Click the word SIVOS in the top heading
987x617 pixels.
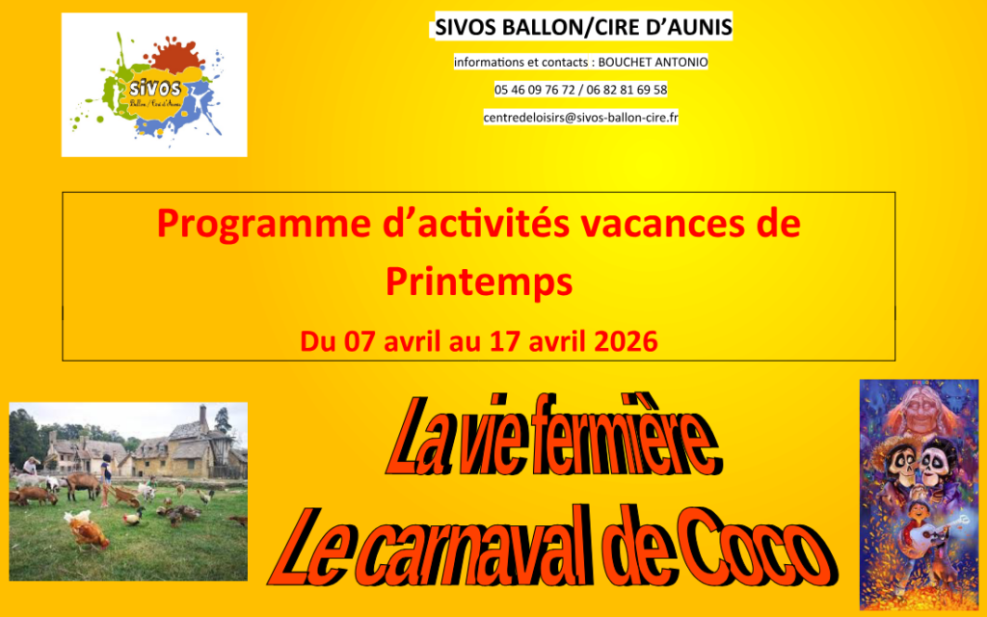pos(466,27)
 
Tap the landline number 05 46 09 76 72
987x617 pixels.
pos(534,90)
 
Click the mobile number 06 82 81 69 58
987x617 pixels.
pos(627,90)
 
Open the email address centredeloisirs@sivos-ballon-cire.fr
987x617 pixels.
pos(581,118)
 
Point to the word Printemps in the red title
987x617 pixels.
pos(479,282)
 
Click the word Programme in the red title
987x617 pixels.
pos(264,225)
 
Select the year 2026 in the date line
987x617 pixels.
pos(626,341)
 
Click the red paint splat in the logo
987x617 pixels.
pos(174,55)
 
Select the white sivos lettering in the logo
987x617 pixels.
pos(155,88)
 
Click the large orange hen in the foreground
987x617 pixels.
pos(87,532)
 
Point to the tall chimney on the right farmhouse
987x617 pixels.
pos(202,416)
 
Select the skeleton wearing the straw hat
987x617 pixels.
pos(901,467)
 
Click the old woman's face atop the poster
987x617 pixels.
pos(920,413)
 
